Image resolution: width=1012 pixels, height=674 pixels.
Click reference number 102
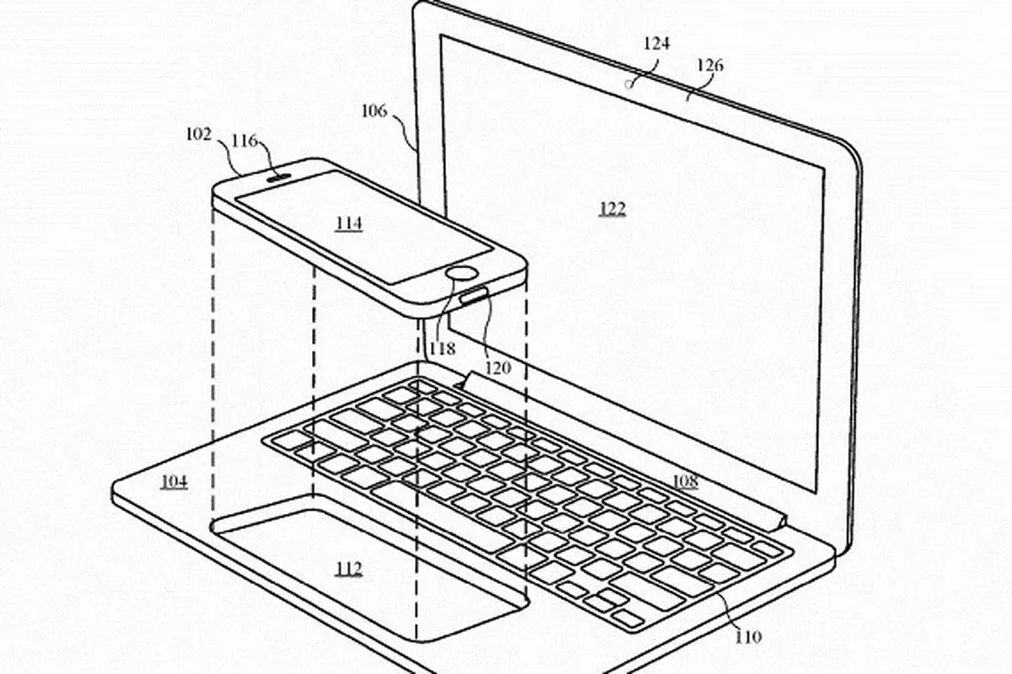point(199,134)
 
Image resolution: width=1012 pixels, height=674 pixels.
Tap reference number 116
point(245,141)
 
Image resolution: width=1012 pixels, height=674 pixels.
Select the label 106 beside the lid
point(374,110)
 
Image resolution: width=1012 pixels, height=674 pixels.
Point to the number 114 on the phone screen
point(349,223)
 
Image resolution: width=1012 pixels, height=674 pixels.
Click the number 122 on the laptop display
point(612,209)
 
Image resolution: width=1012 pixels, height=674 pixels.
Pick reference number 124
point(656,44)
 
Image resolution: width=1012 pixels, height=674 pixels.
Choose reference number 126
point(710,66)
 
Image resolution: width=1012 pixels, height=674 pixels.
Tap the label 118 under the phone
point(442,348)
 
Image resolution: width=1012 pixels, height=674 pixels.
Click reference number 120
point(498,368)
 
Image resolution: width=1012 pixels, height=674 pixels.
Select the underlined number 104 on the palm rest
point(175,482)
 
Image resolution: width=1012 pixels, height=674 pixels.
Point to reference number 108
point(686,481)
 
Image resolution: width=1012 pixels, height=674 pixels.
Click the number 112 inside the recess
point(349,569)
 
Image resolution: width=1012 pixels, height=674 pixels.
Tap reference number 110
point(749,637)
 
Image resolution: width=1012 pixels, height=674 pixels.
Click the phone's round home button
point(461,273)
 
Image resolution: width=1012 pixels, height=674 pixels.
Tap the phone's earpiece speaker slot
point(280,178)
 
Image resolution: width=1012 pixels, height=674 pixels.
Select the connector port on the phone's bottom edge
point(474,297)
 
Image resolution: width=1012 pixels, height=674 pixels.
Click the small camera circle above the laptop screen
point(628,84)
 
